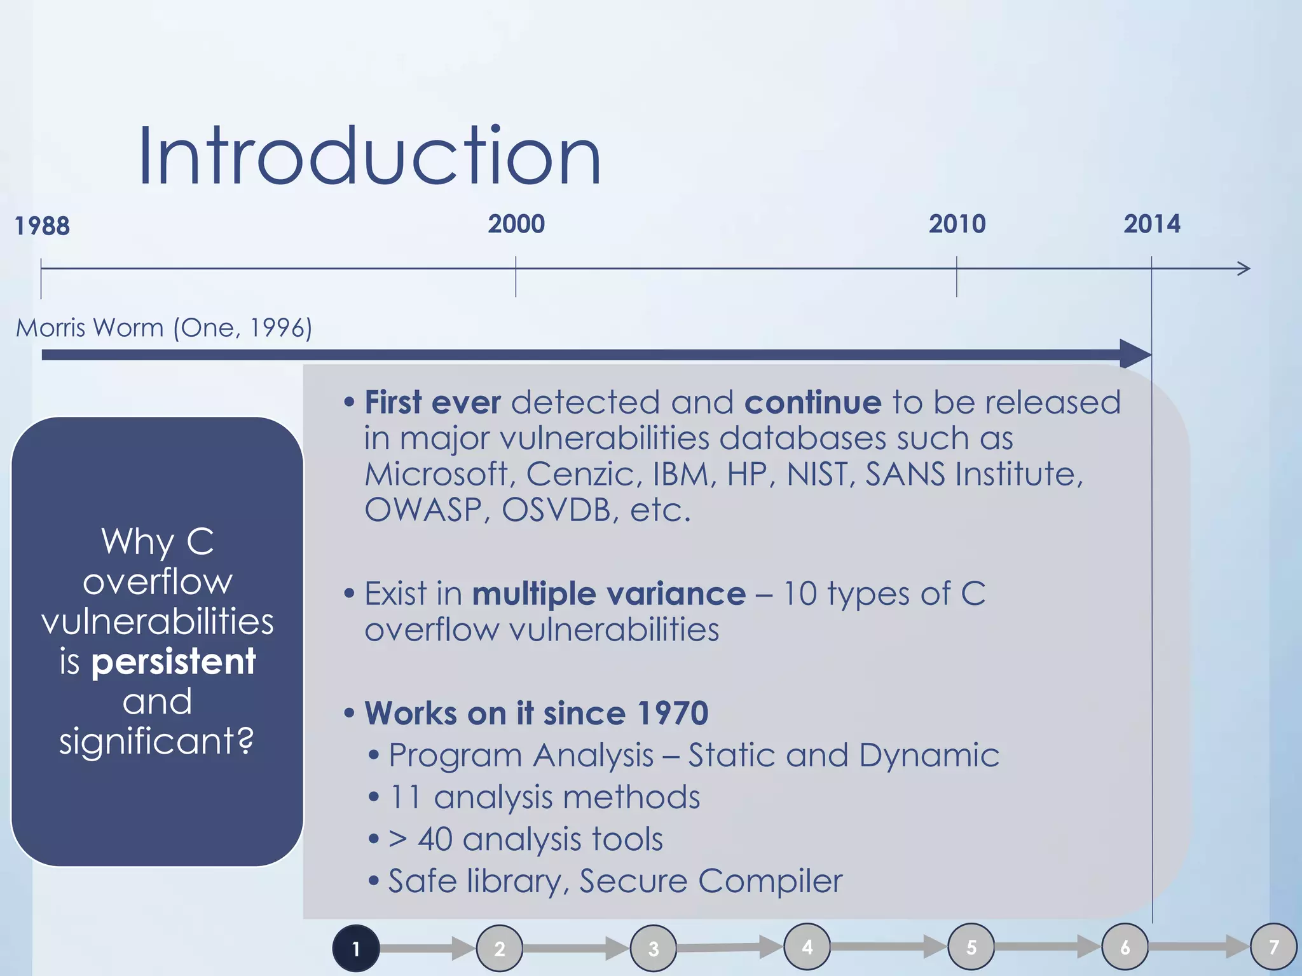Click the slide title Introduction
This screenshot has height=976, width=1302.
pyautogui.click(x=369, y=156)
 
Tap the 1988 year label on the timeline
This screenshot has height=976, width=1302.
pyautogui.click(x=42, y=226)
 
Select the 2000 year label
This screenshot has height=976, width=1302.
pyautogui.click(x=516, y=224)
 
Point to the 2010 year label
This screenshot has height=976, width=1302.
pyautogui.click(x=957, y=224)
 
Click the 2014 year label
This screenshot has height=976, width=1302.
pyautogui.click(x=1151, y=224)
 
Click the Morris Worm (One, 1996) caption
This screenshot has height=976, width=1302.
pyautogui.click(x=164, y=328)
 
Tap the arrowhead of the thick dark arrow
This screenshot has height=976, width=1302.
pyautogui.click(x=1135, y=354)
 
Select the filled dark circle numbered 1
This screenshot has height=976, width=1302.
pyautogui.click(x=356, y=949)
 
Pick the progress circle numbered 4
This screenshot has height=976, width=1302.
pyautogui.click(x=807, y=947)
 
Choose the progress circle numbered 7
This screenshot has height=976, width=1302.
pyautogui.click(x=1273, y=947)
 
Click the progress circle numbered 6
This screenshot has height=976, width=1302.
pyautogui.click(x=1125, y=947)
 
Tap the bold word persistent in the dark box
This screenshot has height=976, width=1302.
pyautogui.click(x=174, y=662)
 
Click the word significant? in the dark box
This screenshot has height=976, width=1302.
pyautogui.click(x=156, y=741)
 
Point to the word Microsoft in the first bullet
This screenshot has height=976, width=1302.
pyautogui.click(x=437, y=474)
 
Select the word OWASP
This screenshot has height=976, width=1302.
pyautogui.click(x=423, y=510)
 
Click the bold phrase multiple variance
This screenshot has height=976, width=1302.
pyautogui.click(x=608, y=594)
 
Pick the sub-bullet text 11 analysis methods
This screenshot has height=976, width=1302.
pyautogui.click(x=544, y=797)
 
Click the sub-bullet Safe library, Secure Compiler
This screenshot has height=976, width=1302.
pyautogui.click(x=615, y=881)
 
